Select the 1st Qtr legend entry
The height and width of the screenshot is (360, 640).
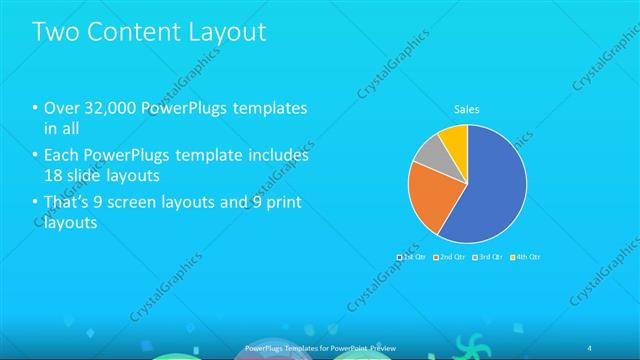[x=412, y=257]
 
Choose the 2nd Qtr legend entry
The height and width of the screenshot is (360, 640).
[x=451, y=257]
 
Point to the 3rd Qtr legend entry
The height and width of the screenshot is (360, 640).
[x=489, y=257]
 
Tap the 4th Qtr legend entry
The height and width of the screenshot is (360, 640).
[x=526, y=257]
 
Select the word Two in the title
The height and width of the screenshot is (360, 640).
[x=57, y=32]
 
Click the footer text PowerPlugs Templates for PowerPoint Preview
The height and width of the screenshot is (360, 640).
[x=319, y=347]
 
